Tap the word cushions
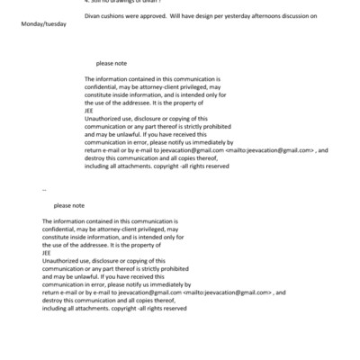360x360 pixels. coord(115,16)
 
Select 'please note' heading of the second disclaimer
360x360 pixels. coord(68,204)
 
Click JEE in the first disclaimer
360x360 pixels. coord(89,111)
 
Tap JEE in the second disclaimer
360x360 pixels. coord(47,253)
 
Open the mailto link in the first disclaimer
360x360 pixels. coord(269,149)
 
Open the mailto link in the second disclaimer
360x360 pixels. coord(228,292)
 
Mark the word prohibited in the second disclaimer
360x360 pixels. coord(166,268)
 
